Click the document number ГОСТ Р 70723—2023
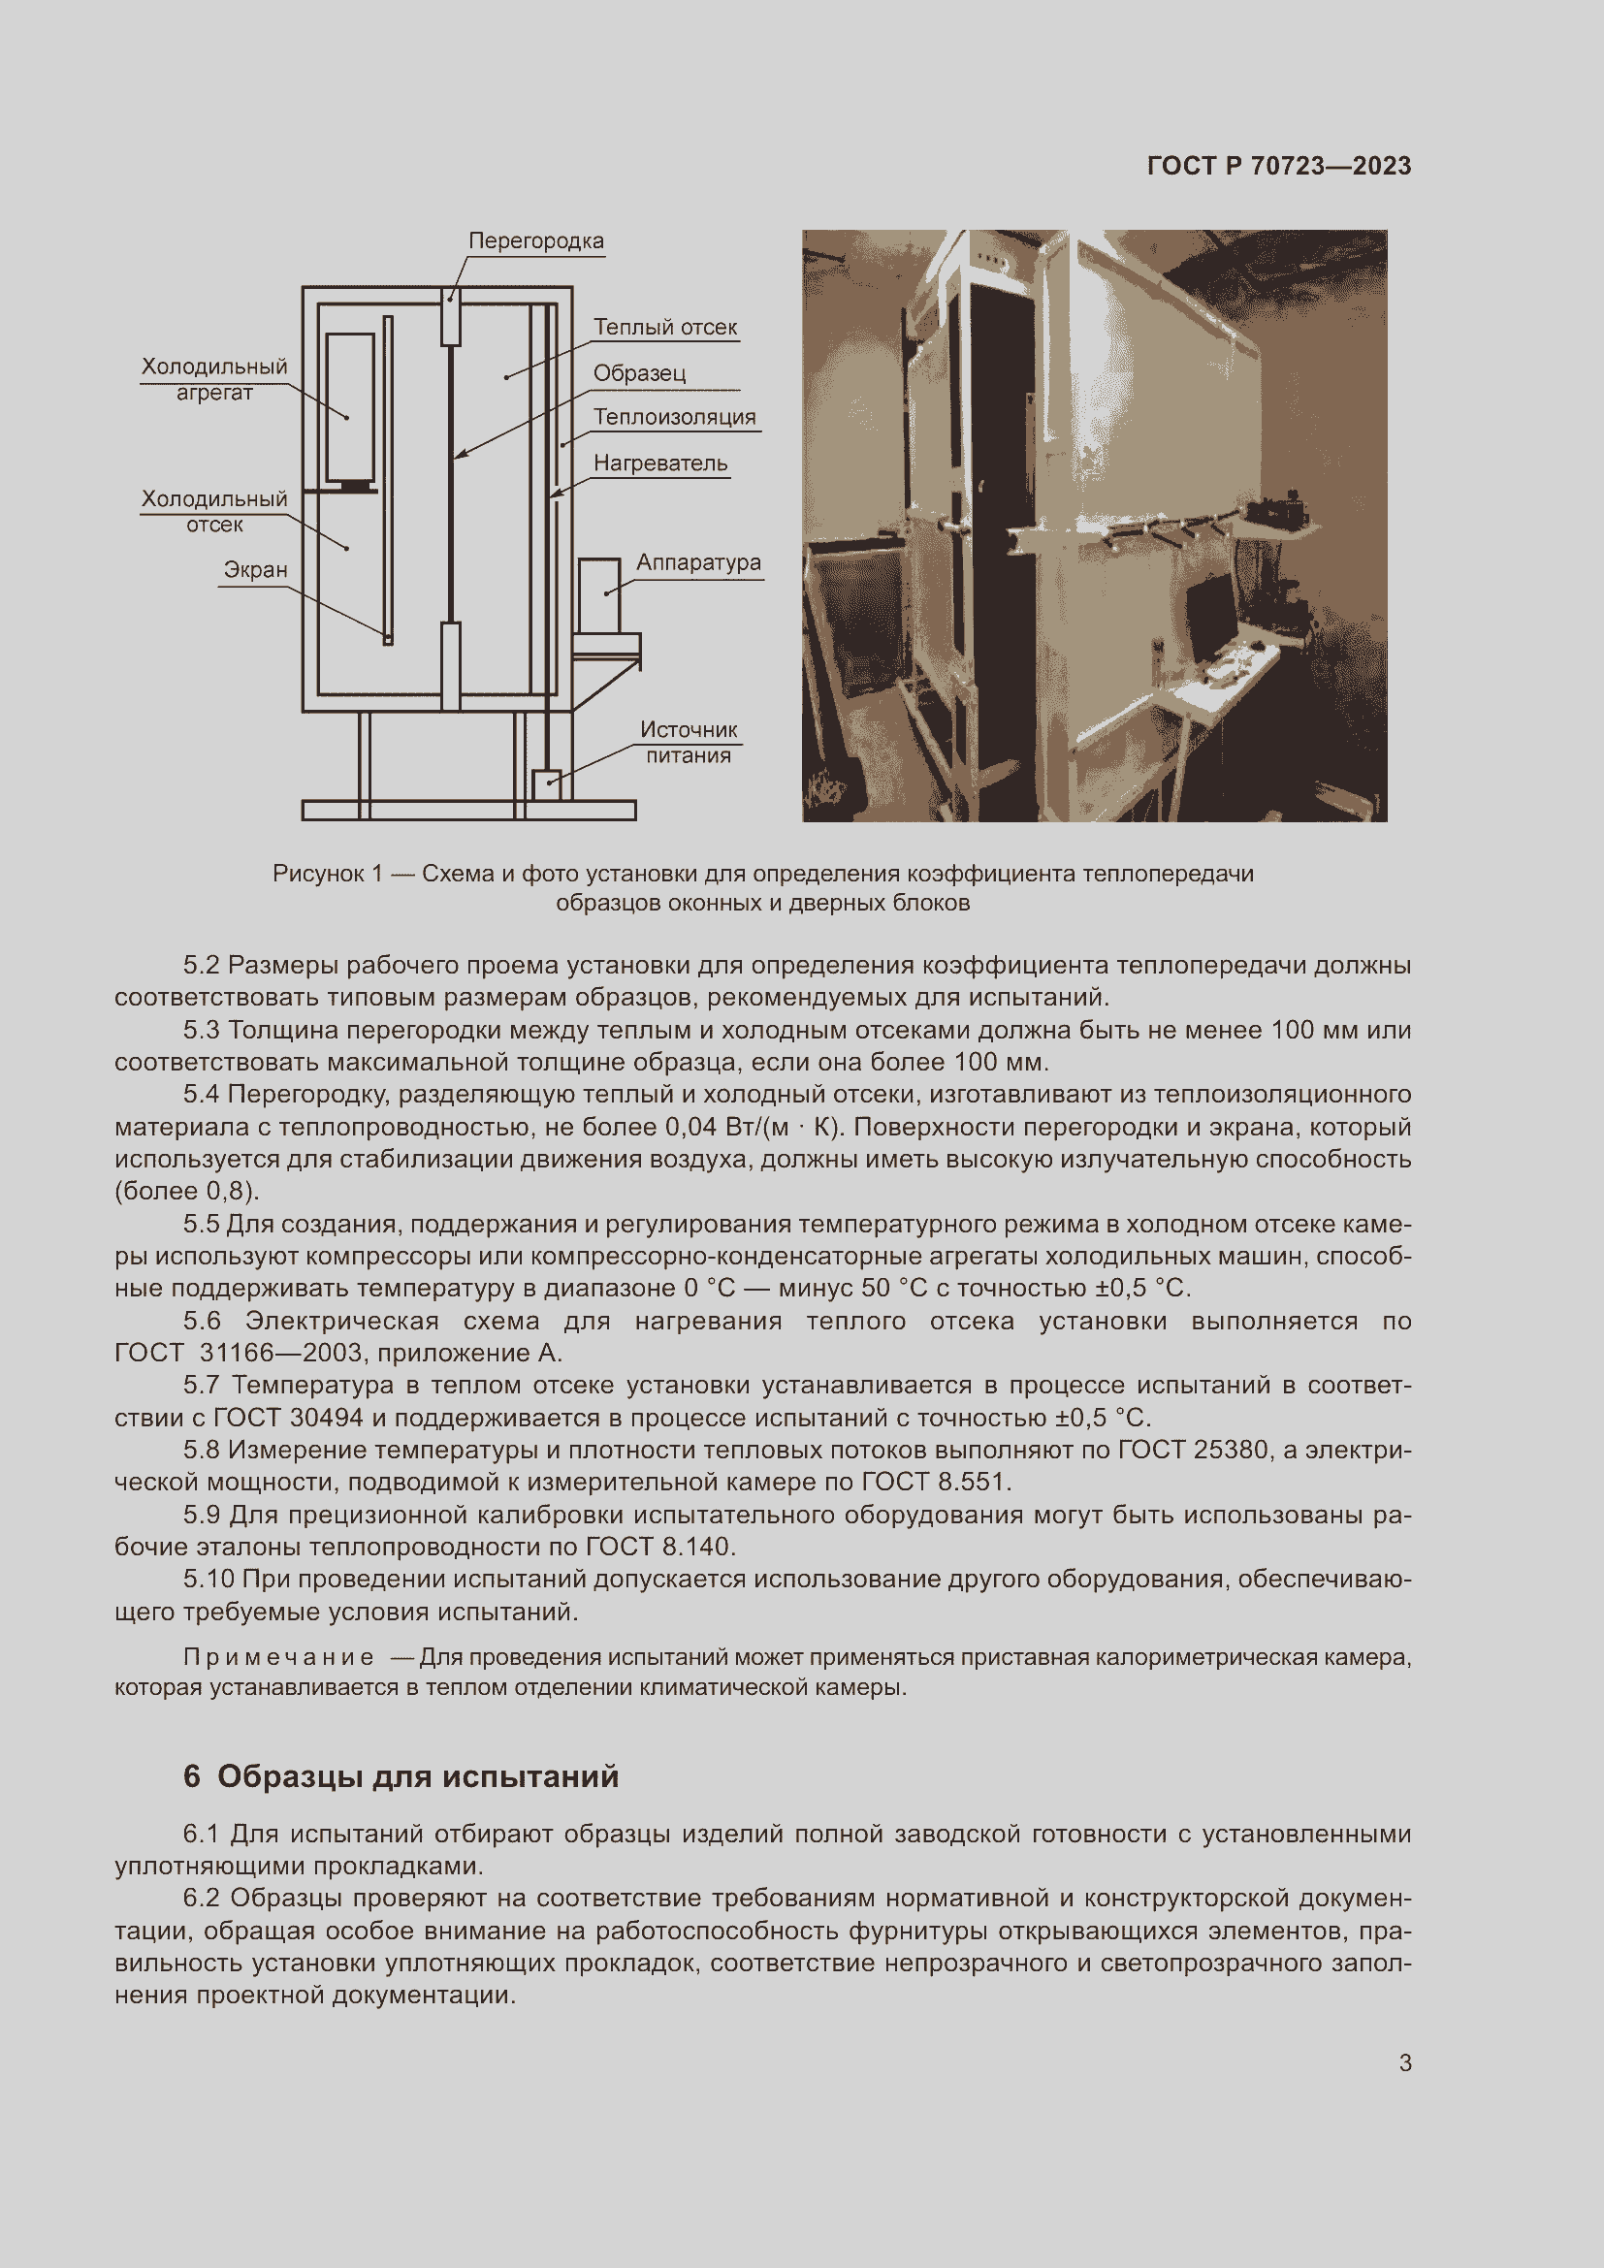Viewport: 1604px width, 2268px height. [x=1278, y=166]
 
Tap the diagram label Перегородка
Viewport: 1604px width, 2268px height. [x=535, y=241]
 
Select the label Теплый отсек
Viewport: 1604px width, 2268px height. [x=664, y=327]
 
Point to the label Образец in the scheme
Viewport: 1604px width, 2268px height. [x=639, y=373]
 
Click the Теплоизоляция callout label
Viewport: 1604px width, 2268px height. [x=674, y=417]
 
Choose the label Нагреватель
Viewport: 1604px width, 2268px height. [x=659, y=463]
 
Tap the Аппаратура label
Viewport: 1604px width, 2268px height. [x=698, y=562]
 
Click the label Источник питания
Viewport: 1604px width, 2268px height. [x=689, y=742]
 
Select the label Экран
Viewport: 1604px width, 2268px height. [x=255, y=570]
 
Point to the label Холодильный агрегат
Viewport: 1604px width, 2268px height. [x=214, y=379]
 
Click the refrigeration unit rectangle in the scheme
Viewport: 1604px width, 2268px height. [x=350, y=405]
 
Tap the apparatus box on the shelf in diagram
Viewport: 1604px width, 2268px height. [x=598, y=595]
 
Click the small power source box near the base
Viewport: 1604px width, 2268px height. [x=546, y=784]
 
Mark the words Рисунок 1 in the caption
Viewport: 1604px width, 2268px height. [x=327, y=874]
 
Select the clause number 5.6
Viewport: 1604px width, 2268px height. [x=202, y=1321]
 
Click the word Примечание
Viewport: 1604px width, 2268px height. [x=278, y=1656]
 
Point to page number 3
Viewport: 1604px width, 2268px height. [x=1404, y=2062]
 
